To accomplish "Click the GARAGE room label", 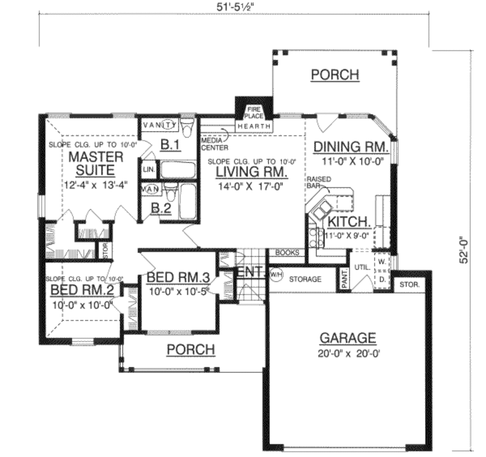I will [x=347, y=338].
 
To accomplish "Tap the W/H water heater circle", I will [x=275, y=274].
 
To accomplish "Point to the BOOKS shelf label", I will [x=287, y=253].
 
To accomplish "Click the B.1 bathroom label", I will [x=169, y=145].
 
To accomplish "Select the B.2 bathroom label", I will [x=161, y=208].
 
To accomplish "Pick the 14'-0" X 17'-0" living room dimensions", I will [x=250, y=187].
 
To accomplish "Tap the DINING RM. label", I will [x=351, y=147].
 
